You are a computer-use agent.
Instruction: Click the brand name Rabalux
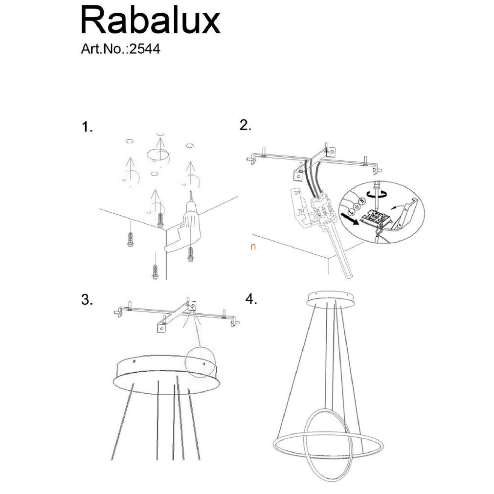pos(151,20)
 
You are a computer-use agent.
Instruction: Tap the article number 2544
pos(145,49)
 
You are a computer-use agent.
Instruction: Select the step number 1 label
pos(87,127)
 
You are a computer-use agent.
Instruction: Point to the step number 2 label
pos(245,125)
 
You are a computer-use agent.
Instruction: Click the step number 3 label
pos(87,299)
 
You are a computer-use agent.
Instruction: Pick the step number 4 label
pos(251,299)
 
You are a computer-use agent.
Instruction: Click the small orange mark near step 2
pos(253,247)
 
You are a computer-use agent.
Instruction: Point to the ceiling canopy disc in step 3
pos(166,375)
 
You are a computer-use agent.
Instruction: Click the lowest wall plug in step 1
pos(155,271)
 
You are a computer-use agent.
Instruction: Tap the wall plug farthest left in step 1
pos(131,240)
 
